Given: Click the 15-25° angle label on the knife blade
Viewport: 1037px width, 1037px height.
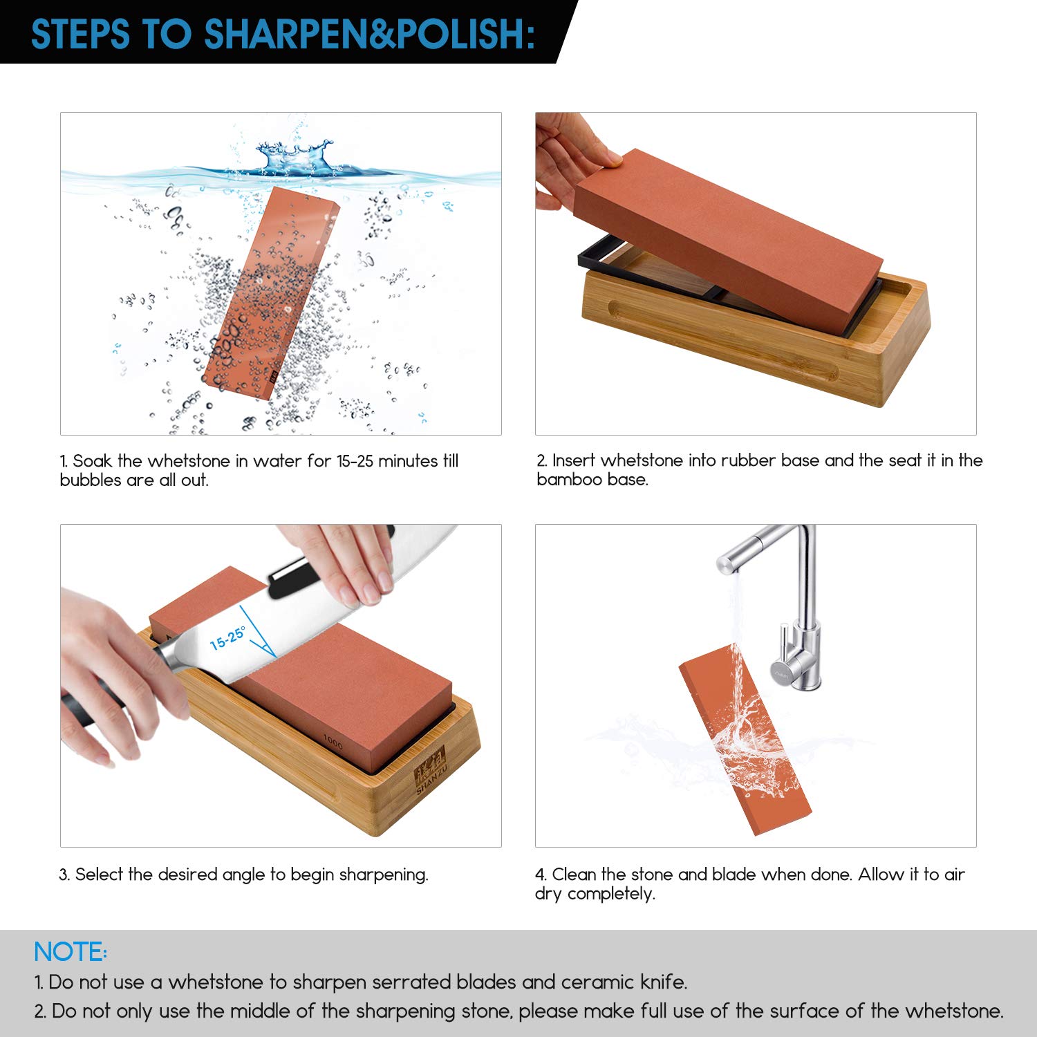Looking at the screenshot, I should pyautogui.click(x=227, y=637).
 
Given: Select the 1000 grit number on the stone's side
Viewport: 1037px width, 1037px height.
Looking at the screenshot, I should pyautogui.click(x=333, y=742).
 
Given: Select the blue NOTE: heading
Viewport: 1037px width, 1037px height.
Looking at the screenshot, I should pyautogui.click(x=71, y=952).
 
